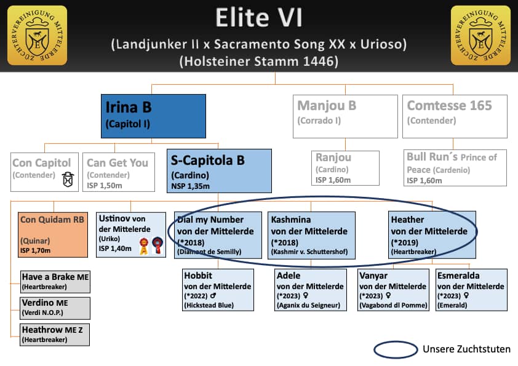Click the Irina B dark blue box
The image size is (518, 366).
[153, 116]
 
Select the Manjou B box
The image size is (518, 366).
[345, 116]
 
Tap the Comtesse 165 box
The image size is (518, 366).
[455, 116]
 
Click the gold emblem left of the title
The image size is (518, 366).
[37, 35]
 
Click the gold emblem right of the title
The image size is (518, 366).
[480, 35]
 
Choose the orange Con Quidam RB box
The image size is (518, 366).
[53, 235]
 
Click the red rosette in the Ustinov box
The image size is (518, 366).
[157, 245]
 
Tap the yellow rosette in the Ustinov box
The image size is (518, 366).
[144, 247]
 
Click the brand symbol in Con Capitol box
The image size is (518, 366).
[68, 180]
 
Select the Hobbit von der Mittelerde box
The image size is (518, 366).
[218, 290]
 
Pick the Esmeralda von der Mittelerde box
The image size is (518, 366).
[471, 290]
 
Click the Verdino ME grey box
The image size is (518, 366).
[55, 308]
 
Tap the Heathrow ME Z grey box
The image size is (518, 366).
[55, 335]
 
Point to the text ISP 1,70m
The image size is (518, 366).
[35, 250]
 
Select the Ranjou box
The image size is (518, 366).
[345, 168]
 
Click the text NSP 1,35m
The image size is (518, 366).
[190, 186]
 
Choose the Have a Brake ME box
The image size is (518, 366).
[55, 282]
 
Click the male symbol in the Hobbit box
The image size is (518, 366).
[213, 295]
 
